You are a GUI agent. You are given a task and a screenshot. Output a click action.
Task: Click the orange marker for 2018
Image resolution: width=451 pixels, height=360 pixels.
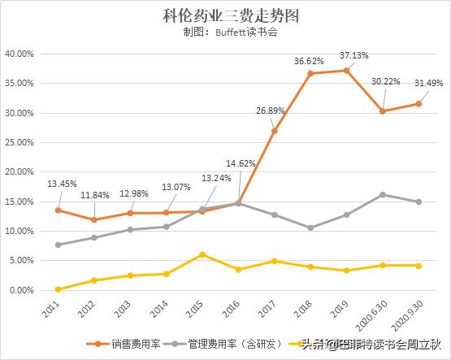pyautogui.click(x=310, y=73)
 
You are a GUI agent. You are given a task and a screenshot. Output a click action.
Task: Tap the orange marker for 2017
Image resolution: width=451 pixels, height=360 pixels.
pyautogui.click(x=275, y=131)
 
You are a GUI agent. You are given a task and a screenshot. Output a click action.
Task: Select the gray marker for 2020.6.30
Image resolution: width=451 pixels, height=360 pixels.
pyautogui.click(x=382, y=194)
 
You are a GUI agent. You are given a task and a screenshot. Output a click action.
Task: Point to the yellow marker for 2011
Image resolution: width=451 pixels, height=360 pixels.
pyautogui.click(x=58, y=289)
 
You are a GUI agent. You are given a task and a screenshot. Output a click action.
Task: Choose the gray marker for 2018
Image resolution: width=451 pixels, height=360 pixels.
pyautogui.click(x=310, y=228)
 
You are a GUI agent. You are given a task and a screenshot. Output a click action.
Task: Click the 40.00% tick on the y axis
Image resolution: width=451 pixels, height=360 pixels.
pyautogui.click(x=18, y=54)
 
